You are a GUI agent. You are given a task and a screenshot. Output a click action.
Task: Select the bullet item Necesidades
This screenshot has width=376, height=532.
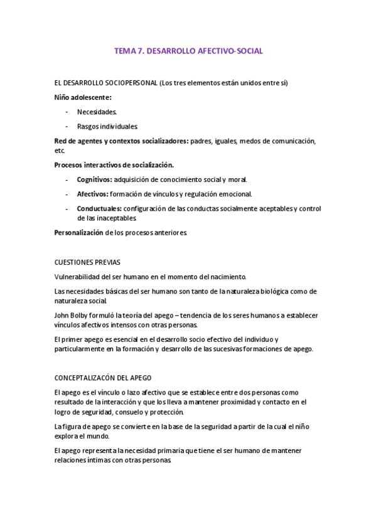[x=97, y=112]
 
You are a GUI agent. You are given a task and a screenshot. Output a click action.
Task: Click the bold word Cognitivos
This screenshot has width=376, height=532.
[x=94, y=179]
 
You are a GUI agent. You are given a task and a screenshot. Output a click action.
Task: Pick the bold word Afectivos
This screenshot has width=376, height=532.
[x=92, y=194]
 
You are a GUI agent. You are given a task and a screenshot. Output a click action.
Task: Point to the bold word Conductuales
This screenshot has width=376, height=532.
[x=99, y=208]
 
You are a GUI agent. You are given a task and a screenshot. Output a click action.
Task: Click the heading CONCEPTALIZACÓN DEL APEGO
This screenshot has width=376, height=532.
[x=103, y=378]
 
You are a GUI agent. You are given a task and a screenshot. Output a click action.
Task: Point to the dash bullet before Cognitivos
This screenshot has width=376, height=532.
[x=67, y=179]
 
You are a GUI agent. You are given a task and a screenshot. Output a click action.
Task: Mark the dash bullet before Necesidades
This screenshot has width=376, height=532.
[x=67, y=112]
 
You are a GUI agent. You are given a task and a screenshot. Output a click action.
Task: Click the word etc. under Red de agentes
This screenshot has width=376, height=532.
[x=60, y=151]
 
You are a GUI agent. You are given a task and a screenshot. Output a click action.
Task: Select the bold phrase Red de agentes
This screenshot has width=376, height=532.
[x=78, y=141]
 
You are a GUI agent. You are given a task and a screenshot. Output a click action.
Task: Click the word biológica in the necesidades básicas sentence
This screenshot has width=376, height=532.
[x=252, y=291]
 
